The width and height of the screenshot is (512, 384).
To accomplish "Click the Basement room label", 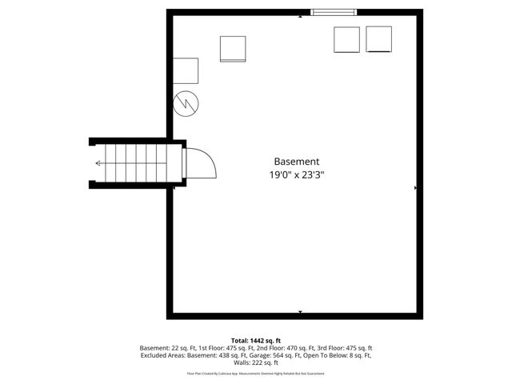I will click(297, 161).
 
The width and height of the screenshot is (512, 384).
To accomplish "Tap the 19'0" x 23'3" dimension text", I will click(297, 174).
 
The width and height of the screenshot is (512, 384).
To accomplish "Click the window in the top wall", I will click(334, 12).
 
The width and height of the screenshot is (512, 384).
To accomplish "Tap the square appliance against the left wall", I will click(186, 70).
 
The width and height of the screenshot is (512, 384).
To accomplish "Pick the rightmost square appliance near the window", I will click(378, 39).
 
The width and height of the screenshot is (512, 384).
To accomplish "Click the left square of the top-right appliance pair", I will click(346, 40).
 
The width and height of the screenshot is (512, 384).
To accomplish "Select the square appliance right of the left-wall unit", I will click(233, 49).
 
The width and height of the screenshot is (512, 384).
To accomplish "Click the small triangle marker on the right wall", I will click(416, 188).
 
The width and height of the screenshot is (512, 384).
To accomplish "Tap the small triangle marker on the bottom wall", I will click(300, 311).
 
